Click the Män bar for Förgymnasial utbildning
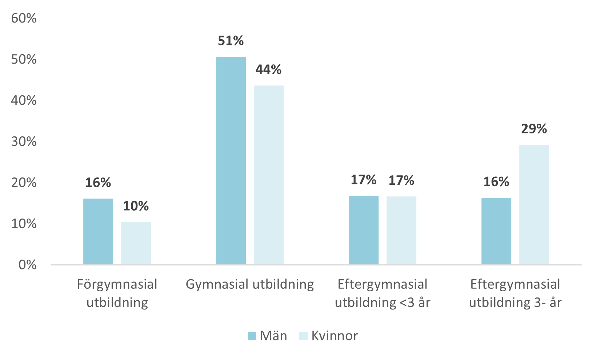tap(98, 231)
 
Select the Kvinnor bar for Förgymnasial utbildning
tap(136, 243)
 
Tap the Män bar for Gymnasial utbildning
tap(231, 160)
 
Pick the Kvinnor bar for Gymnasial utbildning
tap(269, 175)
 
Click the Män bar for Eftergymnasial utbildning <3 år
tap(364, 230)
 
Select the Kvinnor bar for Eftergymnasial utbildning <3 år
tap(401, 230)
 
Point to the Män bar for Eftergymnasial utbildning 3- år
tap(496, 231)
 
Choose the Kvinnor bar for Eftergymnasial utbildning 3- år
tap(534, 204)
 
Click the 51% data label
tap(231, 41)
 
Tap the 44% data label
tap(269, 69)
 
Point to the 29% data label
tap(534, 129)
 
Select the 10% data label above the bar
tap(136, 206)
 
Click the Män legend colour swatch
tap(252, 336)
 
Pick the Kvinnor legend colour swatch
tap(303, 336)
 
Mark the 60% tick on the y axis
tap(24, 18)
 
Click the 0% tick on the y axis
tap(28, 265)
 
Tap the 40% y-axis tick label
tap(24, 100)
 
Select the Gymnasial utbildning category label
tap(250, 284)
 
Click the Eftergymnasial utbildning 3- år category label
tap(515, 293)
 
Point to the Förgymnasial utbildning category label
tap(117, 293)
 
